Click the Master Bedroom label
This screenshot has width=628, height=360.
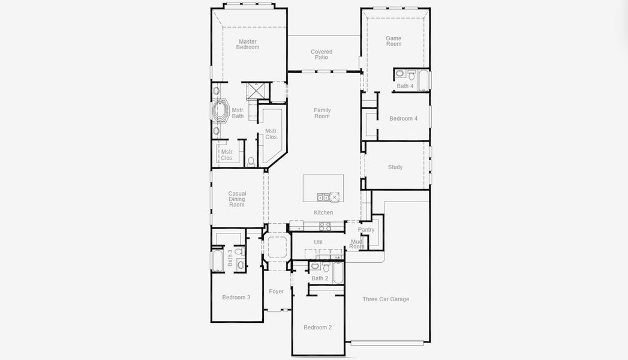[x=248, y=44]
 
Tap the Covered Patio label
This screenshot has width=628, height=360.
[x=321, y=55]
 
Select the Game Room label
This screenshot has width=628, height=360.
[x=393, y=41]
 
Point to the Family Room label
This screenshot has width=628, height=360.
[x=322, y=113]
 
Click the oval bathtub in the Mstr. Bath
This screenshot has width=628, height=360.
[x=219, y=110]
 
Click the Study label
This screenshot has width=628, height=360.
[x=395, y=167]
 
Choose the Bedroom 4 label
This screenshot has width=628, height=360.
[x=403, y=119]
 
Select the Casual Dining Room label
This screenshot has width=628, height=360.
[x=237, y=199]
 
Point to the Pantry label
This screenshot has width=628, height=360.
[x=366, y=229]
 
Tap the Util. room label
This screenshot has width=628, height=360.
[x=319, y=242]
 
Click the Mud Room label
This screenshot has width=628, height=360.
[x=356, y=244]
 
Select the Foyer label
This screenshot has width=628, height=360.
[x=277, y=292]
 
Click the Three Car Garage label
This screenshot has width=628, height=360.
[x=386, y=299]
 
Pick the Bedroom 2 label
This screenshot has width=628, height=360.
[x=318, y=328]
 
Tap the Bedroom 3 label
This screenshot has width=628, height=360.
[x=236, y=297]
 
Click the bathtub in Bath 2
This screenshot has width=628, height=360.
[x=338, y=273]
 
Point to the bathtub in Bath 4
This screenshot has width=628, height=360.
[x=423, y=80]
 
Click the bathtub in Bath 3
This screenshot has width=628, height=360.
[x=218, y=261]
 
